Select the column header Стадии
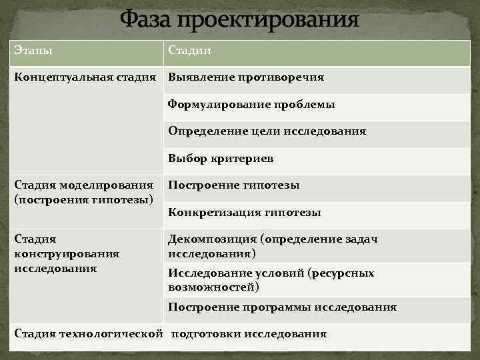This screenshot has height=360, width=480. (x=190, y=50)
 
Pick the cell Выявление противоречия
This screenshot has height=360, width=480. (x=245, y=77)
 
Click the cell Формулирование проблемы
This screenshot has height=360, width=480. (x=251, y=105)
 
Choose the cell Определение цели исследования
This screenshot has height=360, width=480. (x=267, y=131)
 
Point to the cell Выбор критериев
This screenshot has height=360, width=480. (x=221, y=159)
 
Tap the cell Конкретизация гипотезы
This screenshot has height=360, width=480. (x=244, y=213)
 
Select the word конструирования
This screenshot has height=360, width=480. (x=67, y=253)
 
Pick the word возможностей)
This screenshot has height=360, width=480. (x=213, y=287)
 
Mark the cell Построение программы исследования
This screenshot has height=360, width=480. (x=282, y=307)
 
